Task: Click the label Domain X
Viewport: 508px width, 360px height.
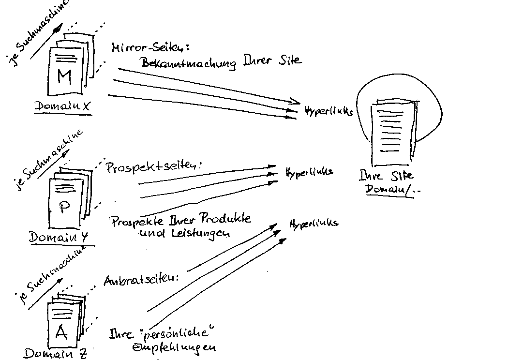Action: point(63,107)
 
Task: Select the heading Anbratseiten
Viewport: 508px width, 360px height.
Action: point(141,281)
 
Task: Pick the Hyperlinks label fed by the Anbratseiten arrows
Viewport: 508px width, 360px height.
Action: point(314,223)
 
